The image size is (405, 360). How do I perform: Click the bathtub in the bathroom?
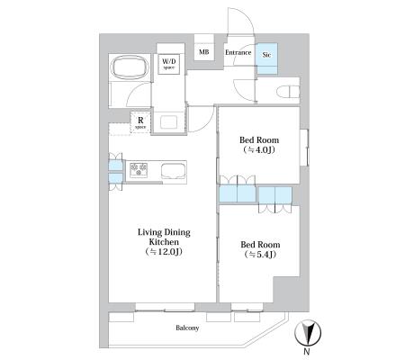(130, 67)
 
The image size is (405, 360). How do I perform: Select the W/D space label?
(169, 64)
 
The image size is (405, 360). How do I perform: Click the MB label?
(204, 52)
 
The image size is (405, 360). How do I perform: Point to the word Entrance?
(238, 52)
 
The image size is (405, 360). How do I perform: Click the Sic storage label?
(266, 55)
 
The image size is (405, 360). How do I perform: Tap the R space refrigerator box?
(140, 122)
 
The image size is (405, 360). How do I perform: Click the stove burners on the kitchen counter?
(139, 170)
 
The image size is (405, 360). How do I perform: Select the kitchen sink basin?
(174, 171)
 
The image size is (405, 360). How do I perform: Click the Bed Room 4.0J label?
(259, 145)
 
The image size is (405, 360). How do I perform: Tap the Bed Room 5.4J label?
(260, 249)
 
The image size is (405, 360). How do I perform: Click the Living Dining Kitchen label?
(164, 242)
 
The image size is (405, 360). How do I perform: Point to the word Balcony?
(187, 328)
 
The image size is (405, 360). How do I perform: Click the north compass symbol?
(308, 333)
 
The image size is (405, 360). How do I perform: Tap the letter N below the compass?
(307, 352)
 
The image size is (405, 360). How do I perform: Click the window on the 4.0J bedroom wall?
(304, 148)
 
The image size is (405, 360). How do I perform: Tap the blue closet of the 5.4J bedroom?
(275, 195)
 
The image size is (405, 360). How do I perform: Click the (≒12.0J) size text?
(164, 251)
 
